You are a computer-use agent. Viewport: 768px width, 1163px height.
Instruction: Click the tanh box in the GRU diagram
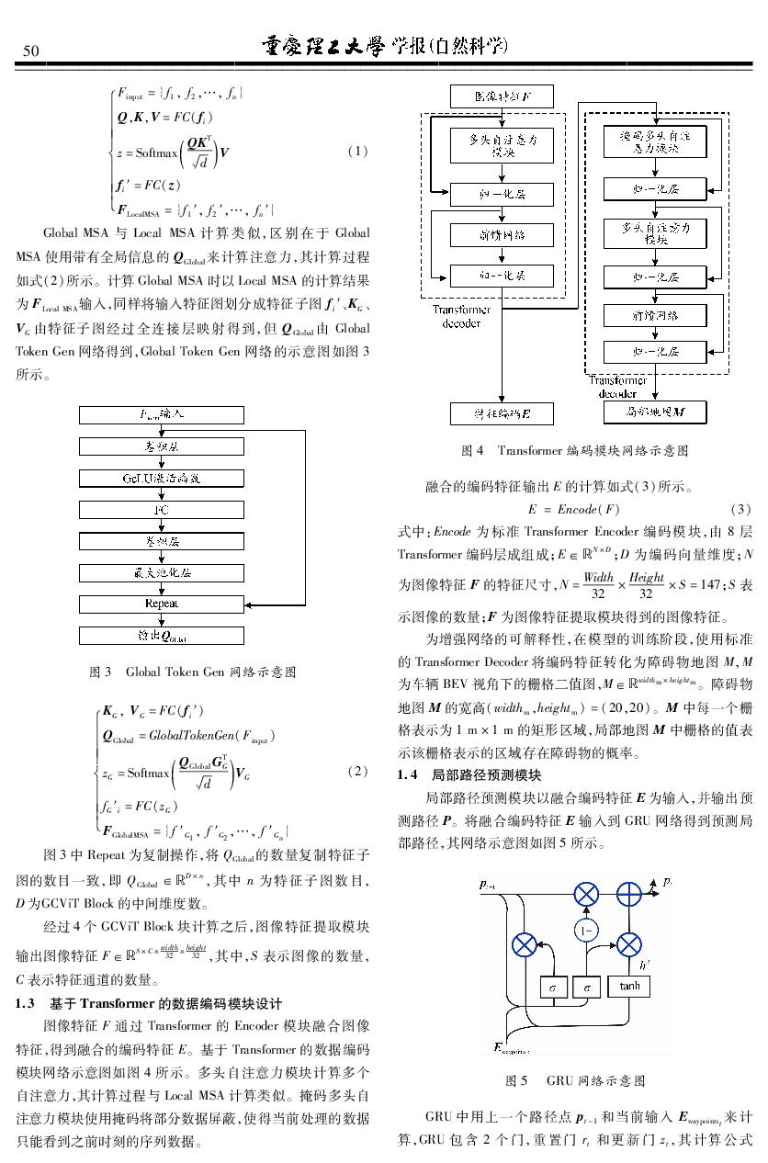point(629,986)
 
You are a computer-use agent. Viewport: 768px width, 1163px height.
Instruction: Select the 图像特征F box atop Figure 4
point(502,96)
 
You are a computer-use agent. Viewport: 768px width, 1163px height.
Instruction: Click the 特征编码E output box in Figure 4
point(502,414)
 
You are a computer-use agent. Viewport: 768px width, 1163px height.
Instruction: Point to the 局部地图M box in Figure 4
point(654,413)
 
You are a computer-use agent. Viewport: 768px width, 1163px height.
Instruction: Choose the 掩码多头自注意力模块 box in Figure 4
point(655,142)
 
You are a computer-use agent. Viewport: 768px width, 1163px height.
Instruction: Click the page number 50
point(31,50)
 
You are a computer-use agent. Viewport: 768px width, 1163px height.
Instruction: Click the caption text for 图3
point(192,672)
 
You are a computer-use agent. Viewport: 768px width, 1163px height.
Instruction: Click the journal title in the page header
point(385,47)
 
